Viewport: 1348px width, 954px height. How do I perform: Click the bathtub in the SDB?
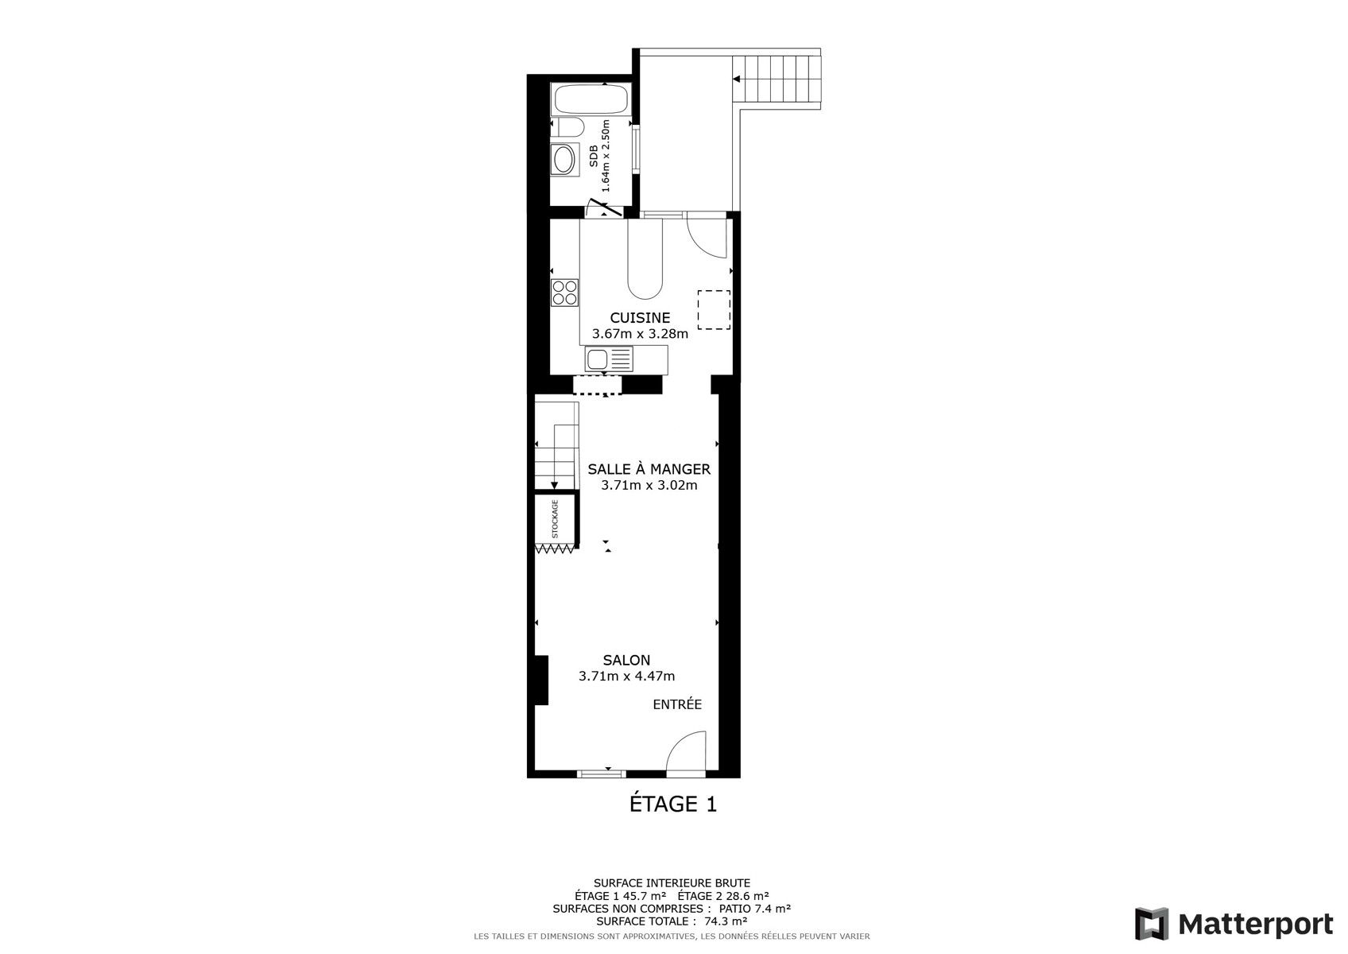click(x=591, y=99)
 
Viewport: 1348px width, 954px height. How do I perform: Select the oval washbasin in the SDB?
click(x=564, y=160)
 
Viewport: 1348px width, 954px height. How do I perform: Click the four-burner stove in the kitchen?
click(x=564, y=293)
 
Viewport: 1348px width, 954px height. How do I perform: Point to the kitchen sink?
click(x=608, y=359)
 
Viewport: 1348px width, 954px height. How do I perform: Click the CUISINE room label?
click(x=640, y=318)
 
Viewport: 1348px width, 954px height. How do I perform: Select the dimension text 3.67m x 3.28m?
click(x=640, y=334)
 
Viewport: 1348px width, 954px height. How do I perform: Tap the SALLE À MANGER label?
click(x=649, y=469)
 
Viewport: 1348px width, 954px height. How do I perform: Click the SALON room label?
click(x=626, y=660)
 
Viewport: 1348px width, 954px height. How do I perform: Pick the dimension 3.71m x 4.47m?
click(x=626, y=676)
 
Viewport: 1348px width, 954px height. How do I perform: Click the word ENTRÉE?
click(x=677, y=704)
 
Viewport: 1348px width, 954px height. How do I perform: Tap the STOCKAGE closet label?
click(x=555, y=519)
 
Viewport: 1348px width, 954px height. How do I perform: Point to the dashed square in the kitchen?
click(x=714, y=310)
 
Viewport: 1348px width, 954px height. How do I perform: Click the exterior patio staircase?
click(x=777, y=82)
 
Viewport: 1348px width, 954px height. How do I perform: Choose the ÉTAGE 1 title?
click(x=672, y=804)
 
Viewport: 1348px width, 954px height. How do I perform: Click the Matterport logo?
click(x=1234, y=923)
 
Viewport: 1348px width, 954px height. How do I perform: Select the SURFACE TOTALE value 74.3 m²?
click(x=726, y=921)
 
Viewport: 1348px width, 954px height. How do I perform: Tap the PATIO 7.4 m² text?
click(x=754, y=908)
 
